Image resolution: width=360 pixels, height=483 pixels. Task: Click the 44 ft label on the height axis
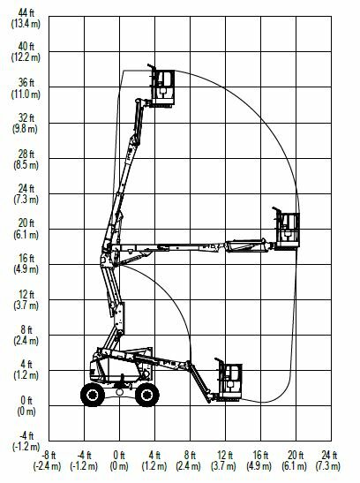[26, 13]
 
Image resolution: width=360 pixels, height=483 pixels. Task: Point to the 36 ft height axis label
[26, 82]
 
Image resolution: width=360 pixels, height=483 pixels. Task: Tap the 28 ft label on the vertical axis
[26, 154]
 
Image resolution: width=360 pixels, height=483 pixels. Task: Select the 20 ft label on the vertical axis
[26, 223]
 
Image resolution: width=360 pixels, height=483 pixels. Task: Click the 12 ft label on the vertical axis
[26, 294]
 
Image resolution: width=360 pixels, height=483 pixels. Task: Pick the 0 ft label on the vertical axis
[26, 401]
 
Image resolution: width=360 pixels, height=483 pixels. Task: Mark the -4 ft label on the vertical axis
[26, 436]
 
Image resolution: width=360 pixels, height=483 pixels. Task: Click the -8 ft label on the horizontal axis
[49, 455]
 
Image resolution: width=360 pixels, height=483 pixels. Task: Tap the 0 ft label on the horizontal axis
[119, 455]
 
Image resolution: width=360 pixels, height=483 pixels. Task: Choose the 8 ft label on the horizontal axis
[190, 455]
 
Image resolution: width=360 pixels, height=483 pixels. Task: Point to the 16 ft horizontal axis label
[260, 455]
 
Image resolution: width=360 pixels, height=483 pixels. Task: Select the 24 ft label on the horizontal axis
[329, 455]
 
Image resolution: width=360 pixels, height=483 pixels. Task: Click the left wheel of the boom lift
[93, 395]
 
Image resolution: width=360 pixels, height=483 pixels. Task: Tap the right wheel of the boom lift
[147, 395]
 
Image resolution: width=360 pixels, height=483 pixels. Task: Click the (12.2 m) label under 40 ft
[26, 57]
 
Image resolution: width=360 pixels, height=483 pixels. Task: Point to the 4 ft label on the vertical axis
[26, 365]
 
